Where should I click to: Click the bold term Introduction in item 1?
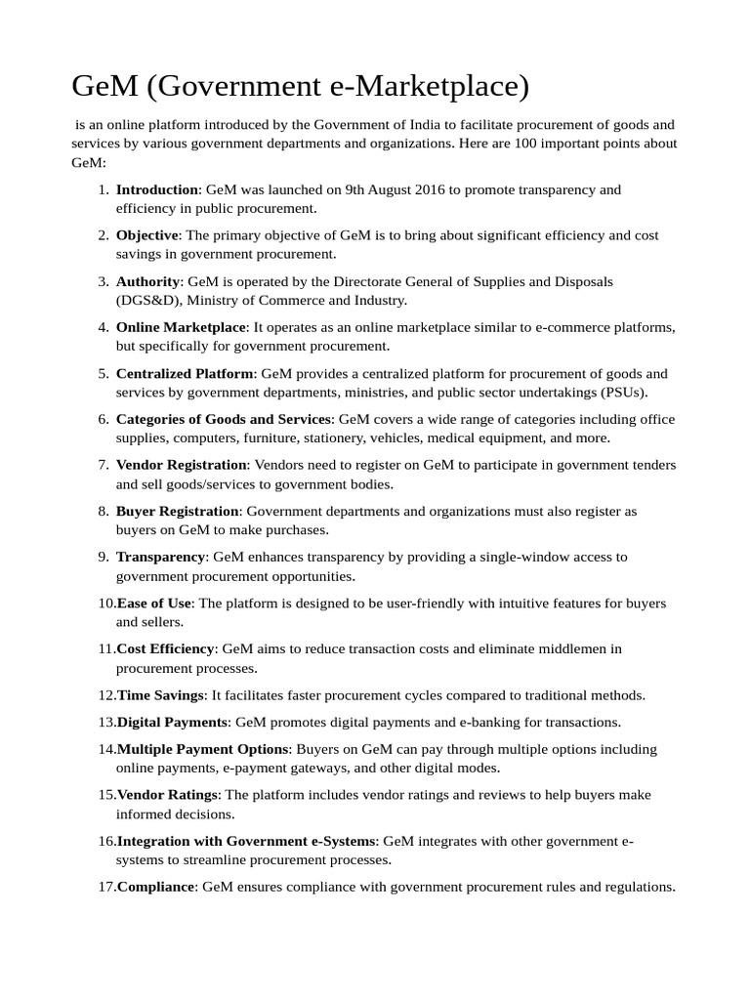[156, 189]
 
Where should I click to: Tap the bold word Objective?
[146, 235]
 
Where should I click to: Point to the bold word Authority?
[147, 281]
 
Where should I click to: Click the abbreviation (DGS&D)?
[148, 301]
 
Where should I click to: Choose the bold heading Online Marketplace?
[182, 327]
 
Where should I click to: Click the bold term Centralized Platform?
[185, 373]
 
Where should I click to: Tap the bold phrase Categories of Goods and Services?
[224, 419]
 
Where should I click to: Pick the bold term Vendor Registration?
[181, 465]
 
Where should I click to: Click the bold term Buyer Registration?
[177, 511]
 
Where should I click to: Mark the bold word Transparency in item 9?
[160, 557]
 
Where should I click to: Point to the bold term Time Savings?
[160, 694]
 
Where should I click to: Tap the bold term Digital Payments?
[172, 722]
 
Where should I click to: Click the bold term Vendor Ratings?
[168, 795]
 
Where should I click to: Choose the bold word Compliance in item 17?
[155, 887]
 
